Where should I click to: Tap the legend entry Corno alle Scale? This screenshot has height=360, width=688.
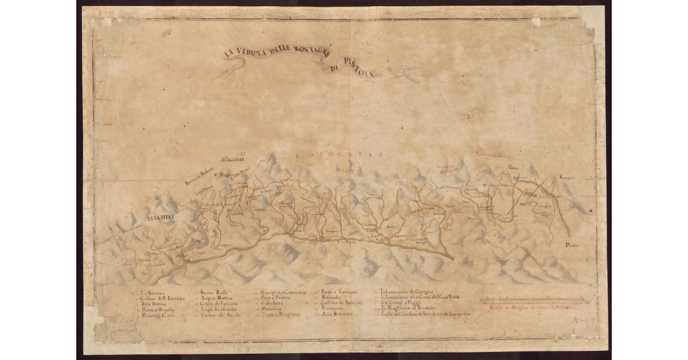pyautogui.click(x=217, y=315)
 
